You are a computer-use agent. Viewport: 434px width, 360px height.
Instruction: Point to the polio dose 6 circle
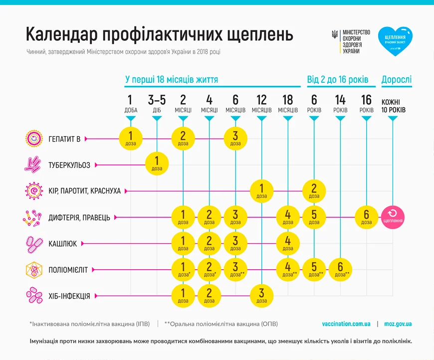tap(340, 269)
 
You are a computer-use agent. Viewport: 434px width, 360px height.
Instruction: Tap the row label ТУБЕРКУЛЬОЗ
tap(69, 165)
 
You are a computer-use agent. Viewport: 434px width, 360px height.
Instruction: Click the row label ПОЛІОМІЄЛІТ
tap(68, 270)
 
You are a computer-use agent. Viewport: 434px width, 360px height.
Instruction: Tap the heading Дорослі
tap(397, 80)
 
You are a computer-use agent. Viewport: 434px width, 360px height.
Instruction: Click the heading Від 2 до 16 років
tap(338, 80)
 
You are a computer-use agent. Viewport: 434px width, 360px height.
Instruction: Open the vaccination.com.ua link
tap(346, 324)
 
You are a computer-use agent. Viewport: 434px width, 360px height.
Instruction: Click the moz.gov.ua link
tap(398, 324)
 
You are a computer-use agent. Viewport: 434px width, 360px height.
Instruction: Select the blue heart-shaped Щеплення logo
tap(395, 41)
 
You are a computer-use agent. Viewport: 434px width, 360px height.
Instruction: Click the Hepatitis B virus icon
tap(33, 139)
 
